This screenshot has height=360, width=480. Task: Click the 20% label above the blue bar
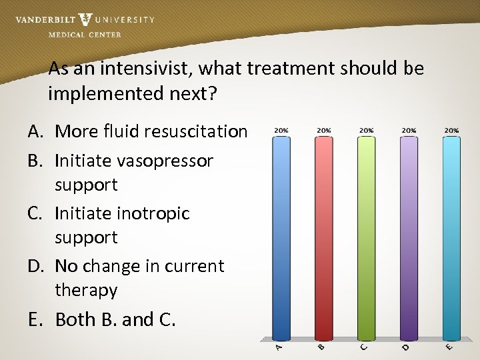pos(281,131)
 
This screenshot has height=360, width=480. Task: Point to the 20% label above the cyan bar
pos(451,131)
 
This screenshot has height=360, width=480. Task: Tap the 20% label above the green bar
pos(366,131)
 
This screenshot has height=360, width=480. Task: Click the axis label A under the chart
pos(279,348)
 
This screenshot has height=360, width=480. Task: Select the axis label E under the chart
pos(449,348)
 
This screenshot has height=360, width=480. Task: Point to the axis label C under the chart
pos(364,348)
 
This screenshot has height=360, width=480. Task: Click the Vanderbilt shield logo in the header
pos(85,20)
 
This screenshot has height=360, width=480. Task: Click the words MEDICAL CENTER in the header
pos(85,35)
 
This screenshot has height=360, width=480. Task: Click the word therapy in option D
pos(86,290)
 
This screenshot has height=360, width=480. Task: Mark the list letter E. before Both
pos(37,320)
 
